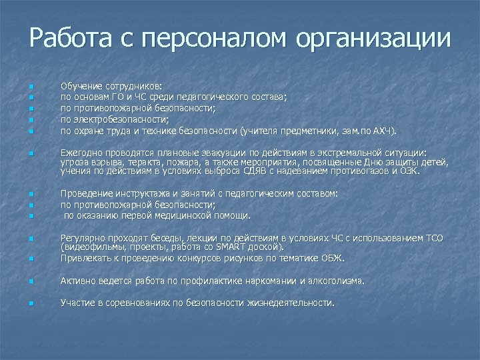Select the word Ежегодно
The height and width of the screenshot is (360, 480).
[x=81, y=153]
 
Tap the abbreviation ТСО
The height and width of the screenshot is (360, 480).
[x=433, y=238]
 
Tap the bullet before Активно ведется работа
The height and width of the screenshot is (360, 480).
[x=31, y=281]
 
